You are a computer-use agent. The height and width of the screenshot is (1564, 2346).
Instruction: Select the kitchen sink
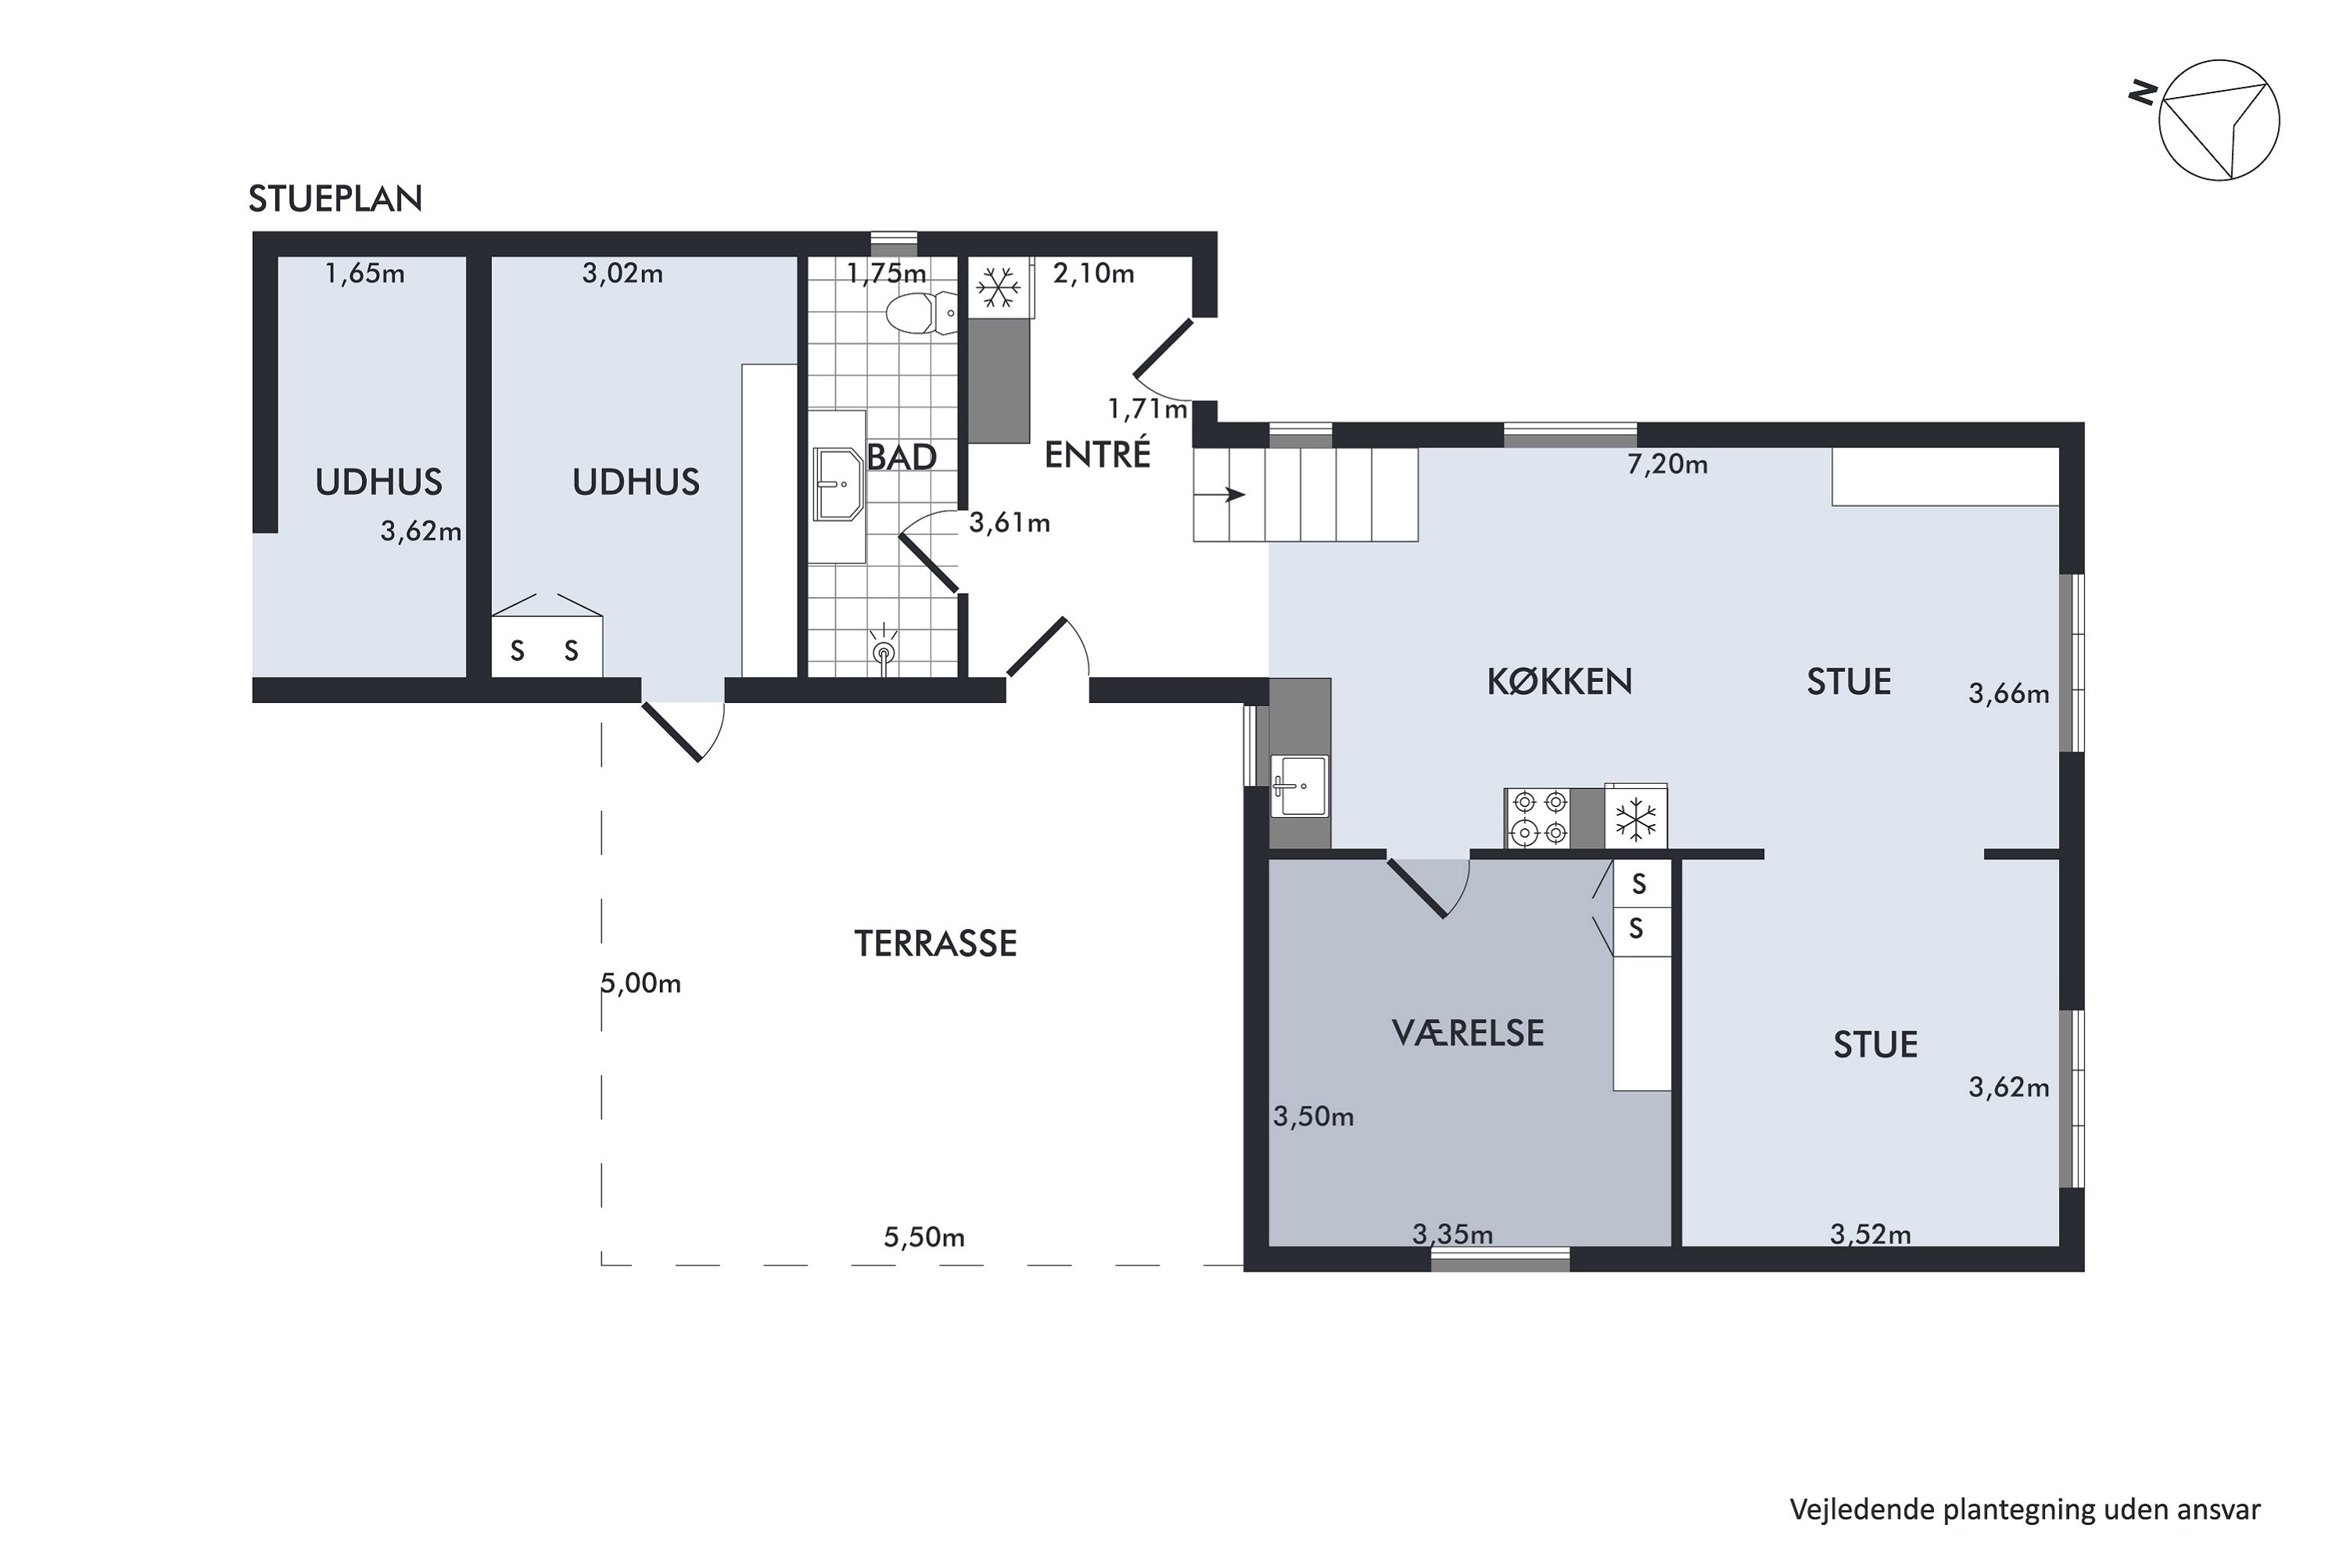pyautogui.click(x=1299, y=785)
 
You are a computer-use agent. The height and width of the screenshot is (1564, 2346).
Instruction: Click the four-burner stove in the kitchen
pyautogui.click(x=1537, y=818)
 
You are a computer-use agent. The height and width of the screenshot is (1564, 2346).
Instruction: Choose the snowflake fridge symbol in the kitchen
pyautogui.click(x=1636, y=819)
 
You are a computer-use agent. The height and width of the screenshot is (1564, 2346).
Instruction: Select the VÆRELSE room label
pyautogui.click(x=1467, y=1032)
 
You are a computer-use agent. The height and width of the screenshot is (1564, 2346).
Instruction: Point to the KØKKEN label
pyautogui.click(x=1559, y=681)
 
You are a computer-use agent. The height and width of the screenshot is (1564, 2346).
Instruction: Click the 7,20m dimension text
pyautogui.click(x=1668, y=464)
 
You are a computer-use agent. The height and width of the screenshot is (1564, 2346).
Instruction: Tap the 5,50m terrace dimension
pyautogui.click(x=924, y=1237)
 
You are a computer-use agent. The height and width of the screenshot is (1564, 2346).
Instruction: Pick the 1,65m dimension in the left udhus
pyautogui.click(x=365, y=273)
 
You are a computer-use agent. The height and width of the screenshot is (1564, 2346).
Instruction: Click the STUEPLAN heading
pyautogui.click(x=335, y=199)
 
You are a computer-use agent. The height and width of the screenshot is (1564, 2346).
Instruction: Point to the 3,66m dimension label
pyautogui.click(x=2009, y=693)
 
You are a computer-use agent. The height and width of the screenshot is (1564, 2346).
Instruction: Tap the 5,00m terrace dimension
pyautogui.click(x=641, y=984)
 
